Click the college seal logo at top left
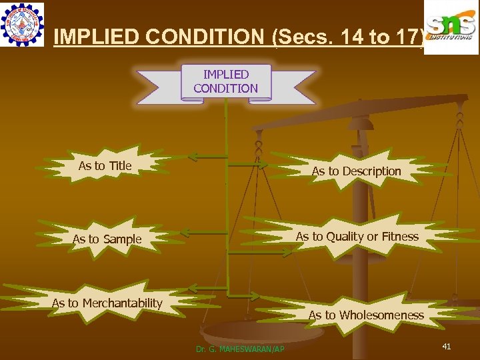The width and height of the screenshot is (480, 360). tap(22, 24)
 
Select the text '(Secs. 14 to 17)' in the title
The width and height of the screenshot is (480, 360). tap(349, 37)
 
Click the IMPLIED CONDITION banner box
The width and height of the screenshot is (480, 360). tap(225, 81)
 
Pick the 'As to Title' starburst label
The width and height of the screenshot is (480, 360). tap(105, 165)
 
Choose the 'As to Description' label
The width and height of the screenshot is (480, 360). tap(356, 171)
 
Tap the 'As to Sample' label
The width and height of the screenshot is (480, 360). tap(107, 239)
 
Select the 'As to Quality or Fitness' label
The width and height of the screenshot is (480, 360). tap(357, 236)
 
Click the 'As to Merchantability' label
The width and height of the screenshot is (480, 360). tap(107, 303)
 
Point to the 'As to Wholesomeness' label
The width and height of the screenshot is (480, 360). tap(365, 315)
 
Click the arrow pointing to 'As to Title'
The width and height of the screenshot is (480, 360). tap(207, 157)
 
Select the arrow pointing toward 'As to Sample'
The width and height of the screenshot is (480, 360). tap(204, 233)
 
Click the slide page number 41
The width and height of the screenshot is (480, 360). tap(447, 346)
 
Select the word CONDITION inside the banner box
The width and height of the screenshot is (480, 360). tap(225, 88)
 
